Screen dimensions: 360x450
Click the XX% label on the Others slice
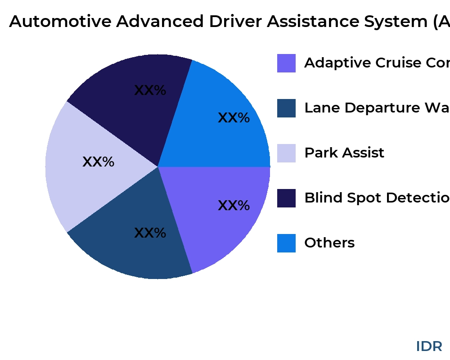234,118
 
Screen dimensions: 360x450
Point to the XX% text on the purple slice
234,206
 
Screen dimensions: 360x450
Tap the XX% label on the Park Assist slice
98,162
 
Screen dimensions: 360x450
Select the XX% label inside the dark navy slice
150,90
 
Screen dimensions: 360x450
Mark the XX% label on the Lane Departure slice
150,233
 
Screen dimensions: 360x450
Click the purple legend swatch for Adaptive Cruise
286,63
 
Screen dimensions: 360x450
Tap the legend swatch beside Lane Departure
286,108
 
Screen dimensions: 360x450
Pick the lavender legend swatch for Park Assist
286,153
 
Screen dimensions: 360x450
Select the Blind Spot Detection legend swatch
286,198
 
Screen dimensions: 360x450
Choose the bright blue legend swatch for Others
286,243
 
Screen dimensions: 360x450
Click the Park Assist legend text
344,153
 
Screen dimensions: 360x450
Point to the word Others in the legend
329,243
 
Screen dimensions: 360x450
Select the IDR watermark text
429,346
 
